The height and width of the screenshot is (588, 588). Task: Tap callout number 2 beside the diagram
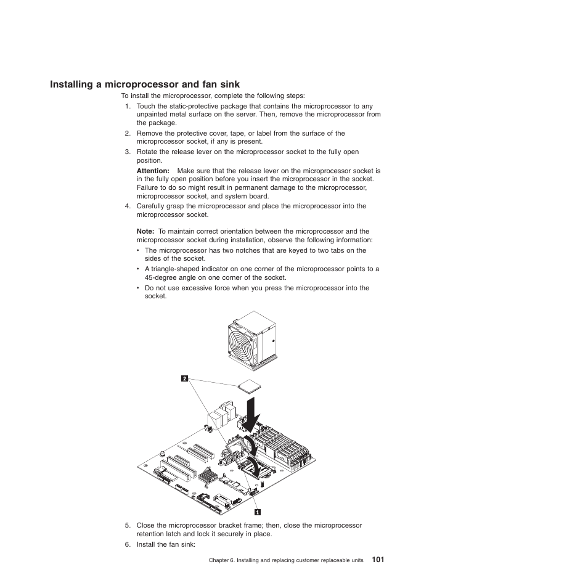(x=184, y=378)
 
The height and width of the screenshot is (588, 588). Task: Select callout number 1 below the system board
(x=258, y=512)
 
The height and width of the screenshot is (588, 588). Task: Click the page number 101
(x=378, y=560)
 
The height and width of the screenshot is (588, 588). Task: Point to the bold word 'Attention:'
(x=152, y=171)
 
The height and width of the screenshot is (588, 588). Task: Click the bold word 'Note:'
(x=145, y=232)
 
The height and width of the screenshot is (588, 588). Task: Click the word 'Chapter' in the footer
(x=220, y=560)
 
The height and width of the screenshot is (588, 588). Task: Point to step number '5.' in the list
(x=128, y=526)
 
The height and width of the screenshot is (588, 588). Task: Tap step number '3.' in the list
(x=128, y=152)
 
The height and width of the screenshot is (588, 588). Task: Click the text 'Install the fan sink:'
(x=166, y=544)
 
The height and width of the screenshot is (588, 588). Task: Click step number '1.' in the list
(x=128, y=106)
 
